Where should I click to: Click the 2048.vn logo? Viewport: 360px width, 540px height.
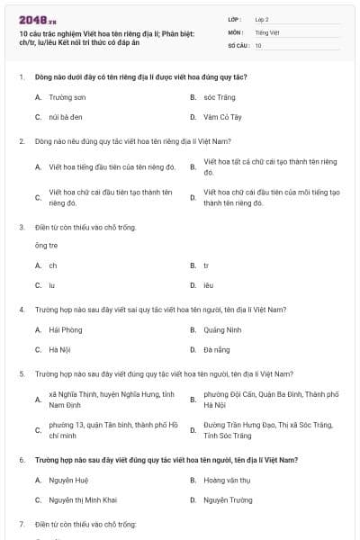[32, 19]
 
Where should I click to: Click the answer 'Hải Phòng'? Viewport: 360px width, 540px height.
[66, 330]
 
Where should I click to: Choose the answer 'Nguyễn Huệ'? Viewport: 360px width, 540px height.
[68, 480]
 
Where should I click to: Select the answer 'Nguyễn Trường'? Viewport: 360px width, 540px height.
[228, 499]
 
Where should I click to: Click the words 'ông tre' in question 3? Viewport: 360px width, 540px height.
[46, 245]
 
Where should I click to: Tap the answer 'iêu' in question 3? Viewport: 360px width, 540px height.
[208, 285]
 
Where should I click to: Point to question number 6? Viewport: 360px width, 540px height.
[21, 460]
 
